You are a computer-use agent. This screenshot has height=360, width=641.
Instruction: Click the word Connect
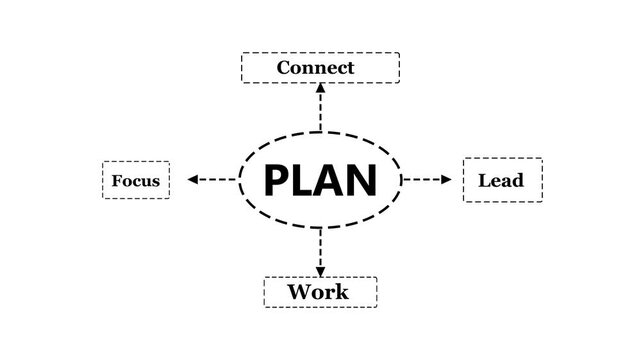315,68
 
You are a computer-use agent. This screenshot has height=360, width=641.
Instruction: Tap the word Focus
136,181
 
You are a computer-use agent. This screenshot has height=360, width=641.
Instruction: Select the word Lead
501,181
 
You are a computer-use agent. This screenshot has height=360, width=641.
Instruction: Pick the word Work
318,292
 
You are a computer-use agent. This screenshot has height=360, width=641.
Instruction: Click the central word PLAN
320,180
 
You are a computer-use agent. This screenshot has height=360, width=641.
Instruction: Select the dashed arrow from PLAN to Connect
320,107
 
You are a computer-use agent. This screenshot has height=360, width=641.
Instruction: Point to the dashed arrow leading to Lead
427,180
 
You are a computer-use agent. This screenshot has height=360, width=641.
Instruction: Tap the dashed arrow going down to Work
320,252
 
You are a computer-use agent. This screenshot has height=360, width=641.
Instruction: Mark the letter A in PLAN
331,180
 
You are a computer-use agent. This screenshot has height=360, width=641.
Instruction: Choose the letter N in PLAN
364,180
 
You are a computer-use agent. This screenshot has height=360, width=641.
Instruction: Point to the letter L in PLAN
303,180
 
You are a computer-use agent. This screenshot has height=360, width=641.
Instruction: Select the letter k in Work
341,292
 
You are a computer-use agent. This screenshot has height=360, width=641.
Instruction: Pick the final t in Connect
349,69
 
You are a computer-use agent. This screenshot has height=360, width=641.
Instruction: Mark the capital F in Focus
117,181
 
